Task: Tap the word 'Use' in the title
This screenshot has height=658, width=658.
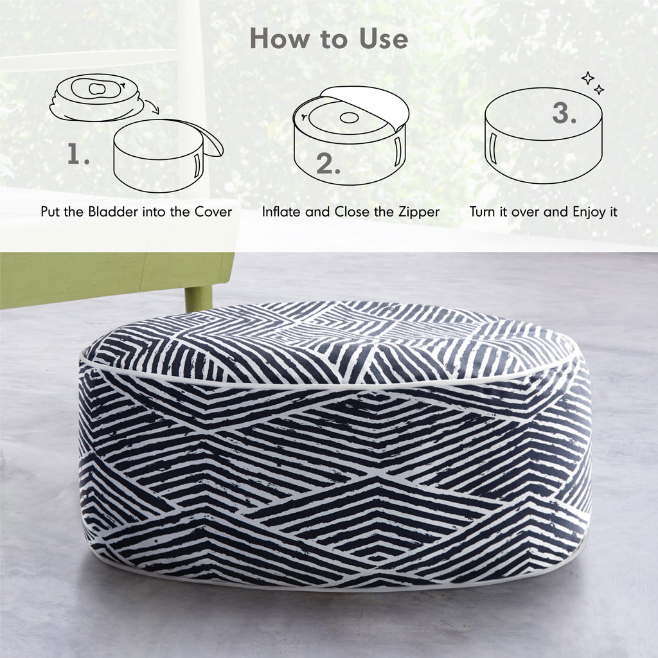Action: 384,39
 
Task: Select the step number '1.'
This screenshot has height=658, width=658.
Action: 78,154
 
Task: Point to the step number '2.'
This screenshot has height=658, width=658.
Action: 328,164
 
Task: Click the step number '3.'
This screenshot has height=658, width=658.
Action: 564,112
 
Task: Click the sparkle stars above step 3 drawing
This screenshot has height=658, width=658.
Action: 592,83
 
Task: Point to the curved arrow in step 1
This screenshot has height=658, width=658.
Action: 152,106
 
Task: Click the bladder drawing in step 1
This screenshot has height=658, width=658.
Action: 94,97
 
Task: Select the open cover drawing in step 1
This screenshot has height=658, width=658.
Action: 168,155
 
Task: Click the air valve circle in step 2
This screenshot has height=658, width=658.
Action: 349,118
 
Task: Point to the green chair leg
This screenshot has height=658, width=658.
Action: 199,298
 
